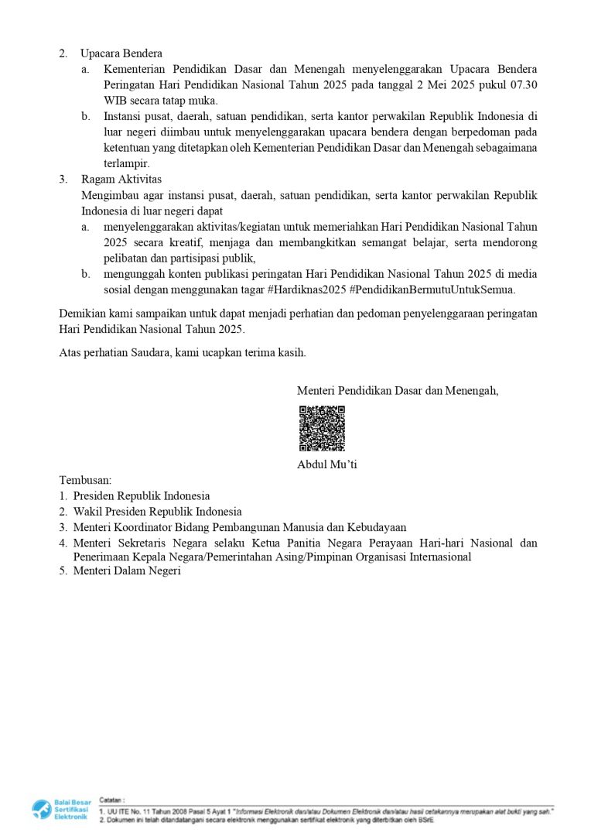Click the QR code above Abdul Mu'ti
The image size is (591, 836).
(322, 429)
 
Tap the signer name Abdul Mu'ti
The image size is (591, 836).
(326, 464)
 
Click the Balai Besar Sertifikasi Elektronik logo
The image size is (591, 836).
(60, 810)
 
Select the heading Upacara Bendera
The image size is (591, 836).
(121, 53)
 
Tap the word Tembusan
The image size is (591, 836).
(85, 480)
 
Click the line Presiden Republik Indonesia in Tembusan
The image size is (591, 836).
(142, 496)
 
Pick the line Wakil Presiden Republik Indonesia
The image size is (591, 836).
(157, 512)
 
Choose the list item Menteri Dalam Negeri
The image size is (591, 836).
(127, 571)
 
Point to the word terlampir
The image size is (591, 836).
(127, 163)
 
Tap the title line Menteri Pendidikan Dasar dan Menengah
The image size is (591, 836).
(398, 391)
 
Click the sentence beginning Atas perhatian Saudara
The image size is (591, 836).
(183, 353)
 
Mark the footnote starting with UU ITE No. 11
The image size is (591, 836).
(325, 810)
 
